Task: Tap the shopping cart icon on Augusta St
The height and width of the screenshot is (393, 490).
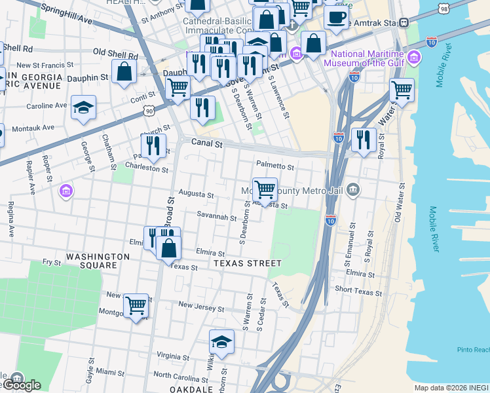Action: [265, 190]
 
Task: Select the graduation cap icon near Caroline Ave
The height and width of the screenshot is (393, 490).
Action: [84, 107]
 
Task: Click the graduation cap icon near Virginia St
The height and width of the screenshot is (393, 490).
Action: [221, 342]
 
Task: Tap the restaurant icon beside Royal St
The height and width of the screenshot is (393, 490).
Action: [363, 140]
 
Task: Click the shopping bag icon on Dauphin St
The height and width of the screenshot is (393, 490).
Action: [124, 71]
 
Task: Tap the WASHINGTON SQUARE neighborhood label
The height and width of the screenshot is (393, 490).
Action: [98, 261]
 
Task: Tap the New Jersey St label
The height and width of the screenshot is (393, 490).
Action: [201, 307]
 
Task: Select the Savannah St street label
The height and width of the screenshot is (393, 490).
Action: [216, 217]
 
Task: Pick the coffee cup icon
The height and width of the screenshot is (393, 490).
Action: [336, 18]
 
